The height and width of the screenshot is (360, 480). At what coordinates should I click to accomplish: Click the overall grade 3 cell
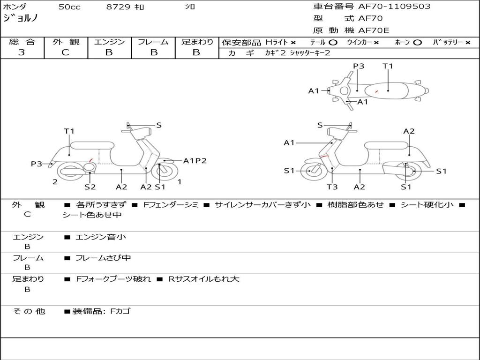click(22, 52)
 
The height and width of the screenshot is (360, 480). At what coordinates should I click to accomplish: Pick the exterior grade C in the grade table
click(65, 52)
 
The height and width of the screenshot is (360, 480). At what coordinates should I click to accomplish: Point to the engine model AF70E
click(374, 30)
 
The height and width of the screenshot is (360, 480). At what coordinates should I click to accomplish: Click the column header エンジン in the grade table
click(109, 42)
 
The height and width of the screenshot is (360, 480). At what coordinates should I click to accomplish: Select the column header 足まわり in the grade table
click(197, 42)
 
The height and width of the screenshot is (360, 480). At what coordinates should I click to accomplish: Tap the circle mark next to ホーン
click(418, 42)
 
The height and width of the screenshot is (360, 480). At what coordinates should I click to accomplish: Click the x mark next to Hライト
click(293, 42)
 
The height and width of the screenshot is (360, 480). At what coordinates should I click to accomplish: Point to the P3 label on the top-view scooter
click(359, 66)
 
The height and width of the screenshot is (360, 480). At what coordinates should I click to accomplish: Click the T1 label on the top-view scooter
click(388, 66)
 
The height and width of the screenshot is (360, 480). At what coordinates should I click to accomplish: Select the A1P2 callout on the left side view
click(195, 161)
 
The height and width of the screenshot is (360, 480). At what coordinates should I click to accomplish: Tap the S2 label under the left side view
click(90, 187)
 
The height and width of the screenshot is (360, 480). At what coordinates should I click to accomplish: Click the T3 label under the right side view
click(332, 187)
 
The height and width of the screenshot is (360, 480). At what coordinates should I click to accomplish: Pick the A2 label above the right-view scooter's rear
click(409, 131)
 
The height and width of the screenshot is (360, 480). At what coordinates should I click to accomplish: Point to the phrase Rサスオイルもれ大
click(204, 279)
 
